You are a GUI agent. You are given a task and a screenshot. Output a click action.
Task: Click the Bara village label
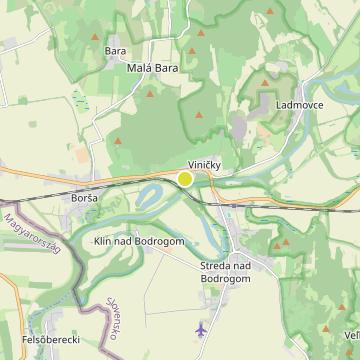click(115, 49)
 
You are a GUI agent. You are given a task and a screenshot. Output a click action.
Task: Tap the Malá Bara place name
click(152, 68)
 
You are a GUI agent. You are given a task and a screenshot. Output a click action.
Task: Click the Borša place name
click(84, 198)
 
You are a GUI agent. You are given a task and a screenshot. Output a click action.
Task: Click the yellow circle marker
click(185, 178)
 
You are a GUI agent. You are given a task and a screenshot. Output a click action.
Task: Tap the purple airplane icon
click(204, 328)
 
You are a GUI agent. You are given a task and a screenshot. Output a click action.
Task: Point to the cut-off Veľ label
click(351, 335)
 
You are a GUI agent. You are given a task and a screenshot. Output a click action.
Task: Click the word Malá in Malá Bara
click(139, 68)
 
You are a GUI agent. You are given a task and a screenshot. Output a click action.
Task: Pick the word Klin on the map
click(103, 244)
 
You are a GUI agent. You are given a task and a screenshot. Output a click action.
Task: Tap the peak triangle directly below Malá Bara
click(150, 94)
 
